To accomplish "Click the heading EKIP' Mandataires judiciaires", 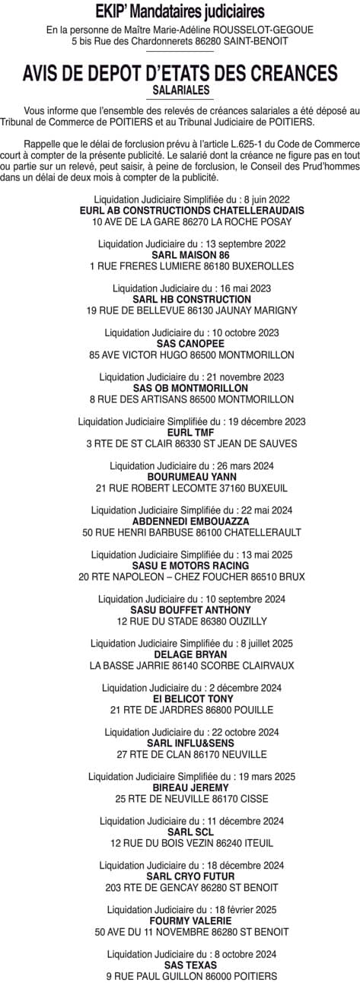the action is (180, 12).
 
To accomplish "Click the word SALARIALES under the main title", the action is (180, 89).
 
